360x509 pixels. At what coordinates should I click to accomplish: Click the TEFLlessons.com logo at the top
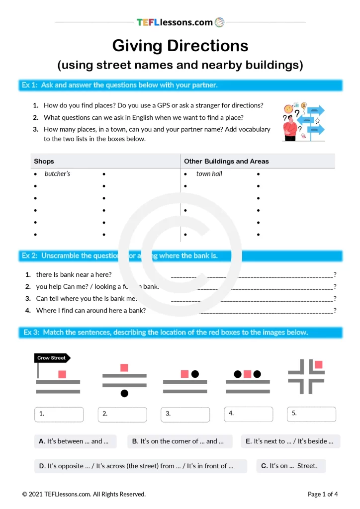(x=180, y=22)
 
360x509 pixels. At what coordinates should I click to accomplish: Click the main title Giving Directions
(x=180, y=46)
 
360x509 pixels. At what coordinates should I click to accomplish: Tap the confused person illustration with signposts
(x=303, y=122)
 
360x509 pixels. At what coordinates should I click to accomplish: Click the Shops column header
(x=44, y=161)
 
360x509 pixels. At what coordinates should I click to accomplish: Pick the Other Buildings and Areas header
(x=226, y=161)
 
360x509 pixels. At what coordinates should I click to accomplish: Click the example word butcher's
(x=57, y=174)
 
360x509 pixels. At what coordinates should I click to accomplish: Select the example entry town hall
(x=209, y=174)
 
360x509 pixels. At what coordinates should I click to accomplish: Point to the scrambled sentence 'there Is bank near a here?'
(x=74, y=274)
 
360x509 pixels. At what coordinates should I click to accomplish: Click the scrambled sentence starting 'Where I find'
(x=90, y=310)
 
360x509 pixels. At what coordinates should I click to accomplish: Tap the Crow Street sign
(x=52, y=358)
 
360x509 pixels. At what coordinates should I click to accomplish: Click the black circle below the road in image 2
(x=124, y=394)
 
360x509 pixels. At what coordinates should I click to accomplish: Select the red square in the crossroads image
(x=319, y=365)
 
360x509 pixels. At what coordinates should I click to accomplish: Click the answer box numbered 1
(x=59, y=414)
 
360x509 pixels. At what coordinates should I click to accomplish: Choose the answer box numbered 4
(x=248, y=414)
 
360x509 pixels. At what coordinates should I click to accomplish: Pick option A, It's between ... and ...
(x=75, y=441)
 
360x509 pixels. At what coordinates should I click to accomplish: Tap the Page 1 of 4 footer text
(x=323, y=494)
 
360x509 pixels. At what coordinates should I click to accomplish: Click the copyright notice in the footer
(x=84, y=494)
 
